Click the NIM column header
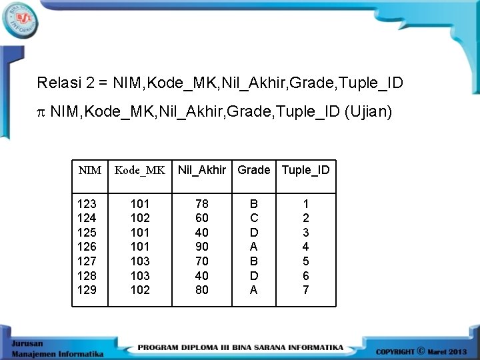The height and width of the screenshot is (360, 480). pyautogui.click(x=90, y=170)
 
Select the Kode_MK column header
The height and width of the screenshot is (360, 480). pyautogui.click(x=140, y=170)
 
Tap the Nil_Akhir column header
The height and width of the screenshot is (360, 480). pyautogui.click(x=202, y=170)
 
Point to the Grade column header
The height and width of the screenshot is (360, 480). pyautogui.click(x=254, y=170)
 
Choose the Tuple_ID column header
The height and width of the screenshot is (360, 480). pyautogui.click(x=305, y=170)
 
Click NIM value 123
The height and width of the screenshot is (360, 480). pyautogui.click(x=87, y=203)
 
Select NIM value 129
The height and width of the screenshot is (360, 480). pyautogui.click(x=87, y=290)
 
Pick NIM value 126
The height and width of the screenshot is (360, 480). pyautogui.click(x=87, y=247)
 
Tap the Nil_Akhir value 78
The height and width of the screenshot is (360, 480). pyautogui.click(x=202, y=203)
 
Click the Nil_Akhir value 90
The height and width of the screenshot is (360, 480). pyautogui.click(x=202, y=247)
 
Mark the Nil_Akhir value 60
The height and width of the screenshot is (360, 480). pyautogui.click(x=202, y=218)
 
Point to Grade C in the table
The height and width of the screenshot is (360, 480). pyautogui.click(x=254, y=218)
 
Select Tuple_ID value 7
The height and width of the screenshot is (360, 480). pyautogui.click(x=306, y=290)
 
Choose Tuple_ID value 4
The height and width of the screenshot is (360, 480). pyautogui.click(x=306, y=247)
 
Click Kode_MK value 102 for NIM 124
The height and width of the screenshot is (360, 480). pyautogui.click(x=140, y=218)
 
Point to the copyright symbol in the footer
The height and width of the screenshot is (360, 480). pyautogui.click(x=421, y=350)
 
